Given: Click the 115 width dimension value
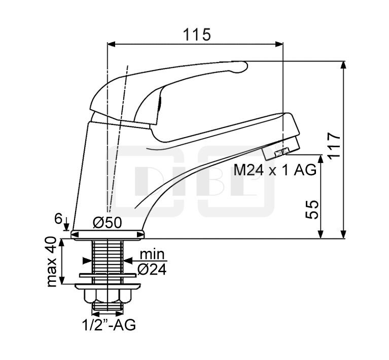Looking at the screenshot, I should click(197, 35).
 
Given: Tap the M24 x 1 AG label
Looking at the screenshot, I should click(275, 171).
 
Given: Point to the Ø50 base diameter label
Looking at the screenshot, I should click(108, 222).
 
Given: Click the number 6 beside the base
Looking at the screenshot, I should click(59, 219).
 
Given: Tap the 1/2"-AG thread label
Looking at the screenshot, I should click(109, 325).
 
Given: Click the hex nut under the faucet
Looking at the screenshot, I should click(108, 297).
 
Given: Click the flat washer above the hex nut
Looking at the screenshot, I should click(108, 279).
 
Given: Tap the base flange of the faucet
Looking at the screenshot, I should click(108, 234).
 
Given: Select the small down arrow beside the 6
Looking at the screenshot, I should click(66, 224).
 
